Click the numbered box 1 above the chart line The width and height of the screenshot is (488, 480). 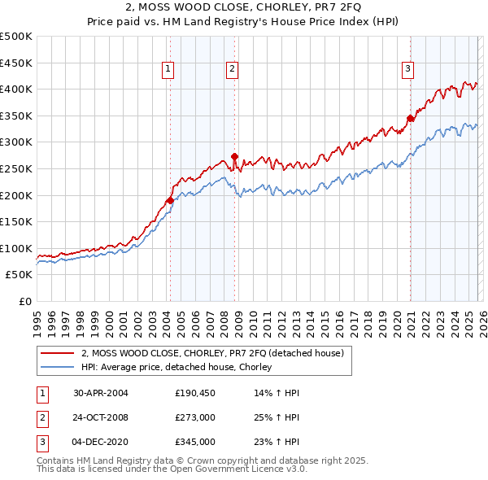point(167,70)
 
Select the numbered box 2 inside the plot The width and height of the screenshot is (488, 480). point(232,70)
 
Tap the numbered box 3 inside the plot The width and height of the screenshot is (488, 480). point(407,70)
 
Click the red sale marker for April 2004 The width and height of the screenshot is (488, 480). point(170,200)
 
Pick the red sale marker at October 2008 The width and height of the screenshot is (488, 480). point(234,156)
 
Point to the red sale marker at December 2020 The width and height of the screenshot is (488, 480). point(410,118)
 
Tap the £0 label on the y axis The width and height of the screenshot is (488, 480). point(25,301)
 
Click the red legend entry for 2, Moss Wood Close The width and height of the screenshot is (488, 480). point(213,353)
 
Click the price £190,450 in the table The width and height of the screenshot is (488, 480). point(194,392)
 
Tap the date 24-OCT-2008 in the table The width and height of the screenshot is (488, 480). point(101,417)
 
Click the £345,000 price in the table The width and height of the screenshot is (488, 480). point(194,443)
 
